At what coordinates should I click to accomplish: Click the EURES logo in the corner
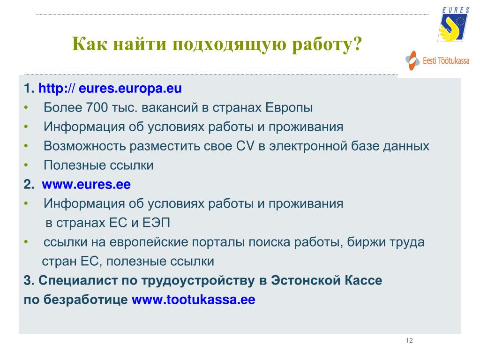[453, 24]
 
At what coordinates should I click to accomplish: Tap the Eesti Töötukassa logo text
[446, 60]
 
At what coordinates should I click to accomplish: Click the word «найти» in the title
[140, 44]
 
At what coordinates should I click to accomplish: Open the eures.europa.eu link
[110, 88]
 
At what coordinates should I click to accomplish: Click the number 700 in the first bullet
[97, 107]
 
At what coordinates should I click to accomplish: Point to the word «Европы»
[289, 108]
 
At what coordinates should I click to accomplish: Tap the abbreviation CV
[245, 146]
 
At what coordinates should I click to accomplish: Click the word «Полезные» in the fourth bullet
[75, 165]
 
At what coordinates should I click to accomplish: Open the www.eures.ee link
[86, 184]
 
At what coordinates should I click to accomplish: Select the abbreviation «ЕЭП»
[156, 223]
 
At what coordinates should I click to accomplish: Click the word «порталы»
[218, 242]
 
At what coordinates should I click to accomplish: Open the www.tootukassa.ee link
[194, 300]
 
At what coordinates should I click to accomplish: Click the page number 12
[409, 340]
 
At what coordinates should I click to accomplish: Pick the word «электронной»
[308, 146]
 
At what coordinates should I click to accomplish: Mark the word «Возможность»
[85, 146]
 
